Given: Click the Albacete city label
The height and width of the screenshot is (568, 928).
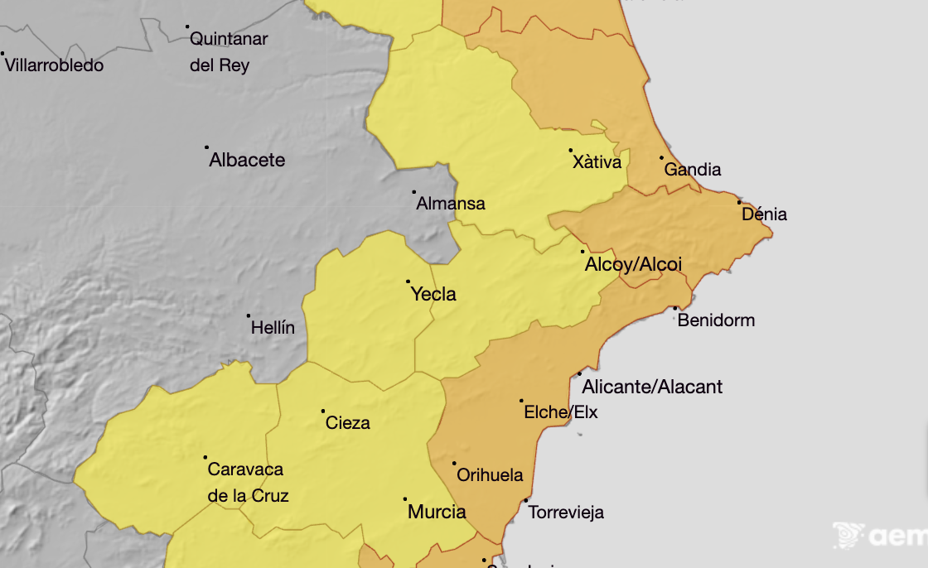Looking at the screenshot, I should click(247, 161).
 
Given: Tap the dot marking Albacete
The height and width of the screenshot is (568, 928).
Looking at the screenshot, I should click(207, 147).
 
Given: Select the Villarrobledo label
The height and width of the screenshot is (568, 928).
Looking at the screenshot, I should click(55, 65).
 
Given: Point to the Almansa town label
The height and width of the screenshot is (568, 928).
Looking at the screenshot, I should click(451, 204).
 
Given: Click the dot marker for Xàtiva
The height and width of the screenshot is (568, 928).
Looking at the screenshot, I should click(571, 151).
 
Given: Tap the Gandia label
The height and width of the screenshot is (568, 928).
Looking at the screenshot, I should click(693, 170).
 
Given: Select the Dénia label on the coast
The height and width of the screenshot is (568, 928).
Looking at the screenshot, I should click(764, 215).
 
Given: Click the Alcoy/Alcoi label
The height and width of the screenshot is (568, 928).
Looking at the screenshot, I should click(633, 265).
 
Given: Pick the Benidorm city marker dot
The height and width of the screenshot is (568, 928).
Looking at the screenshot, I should click(675, 308).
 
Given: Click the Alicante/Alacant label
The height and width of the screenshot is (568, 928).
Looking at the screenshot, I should click(652, 387).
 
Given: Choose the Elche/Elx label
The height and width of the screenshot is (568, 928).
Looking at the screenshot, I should click(561, 412).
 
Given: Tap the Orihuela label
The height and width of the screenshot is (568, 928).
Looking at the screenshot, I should click(491, 475).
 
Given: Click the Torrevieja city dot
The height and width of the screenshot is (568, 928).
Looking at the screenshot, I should click(526, 500).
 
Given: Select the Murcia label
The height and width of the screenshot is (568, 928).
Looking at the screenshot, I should click(437, 513).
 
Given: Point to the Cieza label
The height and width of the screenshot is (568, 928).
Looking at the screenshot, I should click(348, 423).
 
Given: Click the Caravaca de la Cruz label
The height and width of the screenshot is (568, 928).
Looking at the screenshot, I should click(246, 483).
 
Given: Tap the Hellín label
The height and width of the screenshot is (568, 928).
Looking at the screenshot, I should click(273, 329).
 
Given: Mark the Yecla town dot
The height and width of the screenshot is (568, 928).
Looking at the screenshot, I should click(408, 282).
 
